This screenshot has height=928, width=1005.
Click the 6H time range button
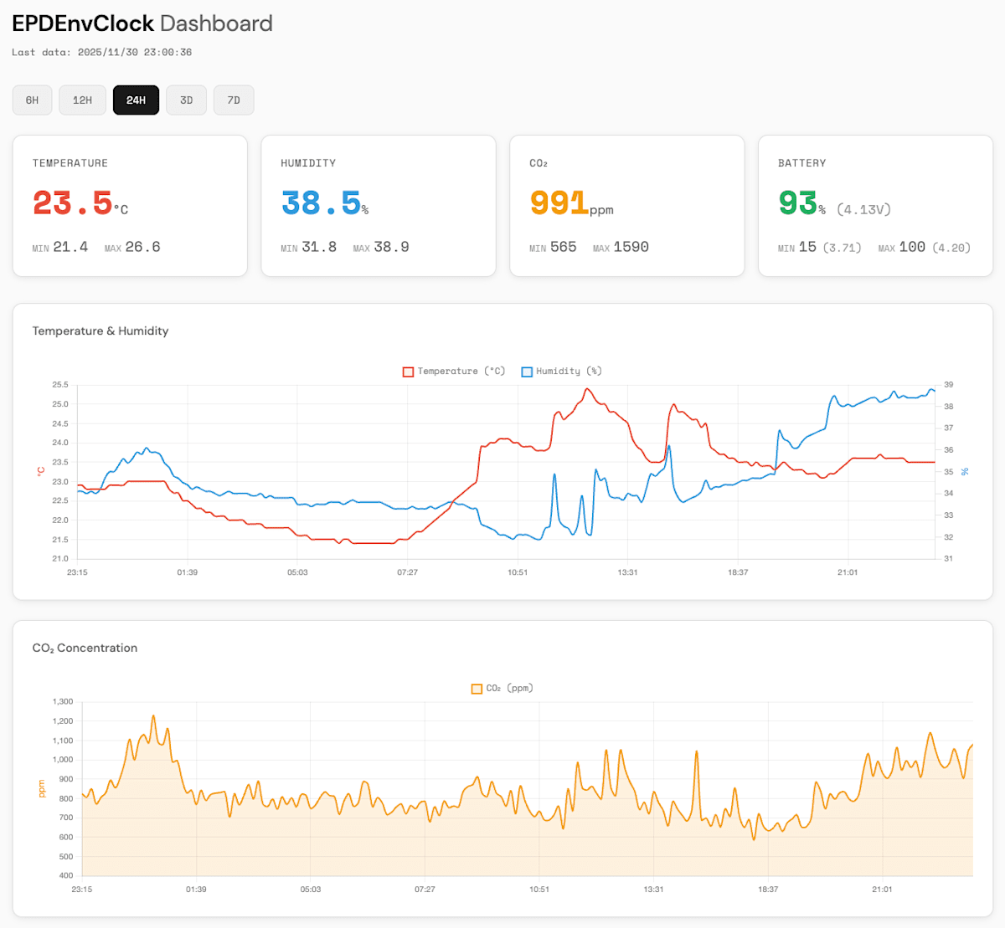click(32, 100)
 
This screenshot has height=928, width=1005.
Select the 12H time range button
click(82, 100)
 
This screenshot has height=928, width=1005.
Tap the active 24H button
click(136, 100)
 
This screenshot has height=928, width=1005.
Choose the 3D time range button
click(186, 100)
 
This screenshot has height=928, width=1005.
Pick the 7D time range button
click(234, 100)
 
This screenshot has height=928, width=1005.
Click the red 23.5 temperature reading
click(73, 203)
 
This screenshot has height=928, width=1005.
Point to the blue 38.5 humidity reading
click(321, 203)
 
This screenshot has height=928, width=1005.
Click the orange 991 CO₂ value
click(559, 203)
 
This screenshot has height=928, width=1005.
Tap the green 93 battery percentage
click(797, 203)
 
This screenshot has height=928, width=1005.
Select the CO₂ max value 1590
click(631, 247)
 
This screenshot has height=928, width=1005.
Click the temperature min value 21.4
click(70, 247)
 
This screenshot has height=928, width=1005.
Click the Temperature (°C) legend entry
click(454, 372)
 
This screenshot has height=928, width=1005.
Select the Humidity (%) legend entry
click(561, 372)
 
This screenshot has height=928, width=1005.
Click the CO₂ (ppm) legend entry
click(502, 689)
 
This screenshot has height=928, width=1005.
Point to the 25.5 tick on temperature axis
click(60, 385)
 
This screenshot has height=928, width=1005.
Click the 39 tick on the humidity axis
click(948, 385)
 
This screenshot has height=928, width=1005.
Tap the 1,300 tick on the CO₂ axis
click(63, 702)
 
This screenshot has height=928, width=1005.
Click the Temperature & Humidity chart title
click(100, 331)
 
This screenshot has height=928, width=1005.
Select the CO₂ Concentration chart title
click(85, 649)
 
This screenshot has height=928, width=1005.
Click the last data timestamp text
click(101, 52)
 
